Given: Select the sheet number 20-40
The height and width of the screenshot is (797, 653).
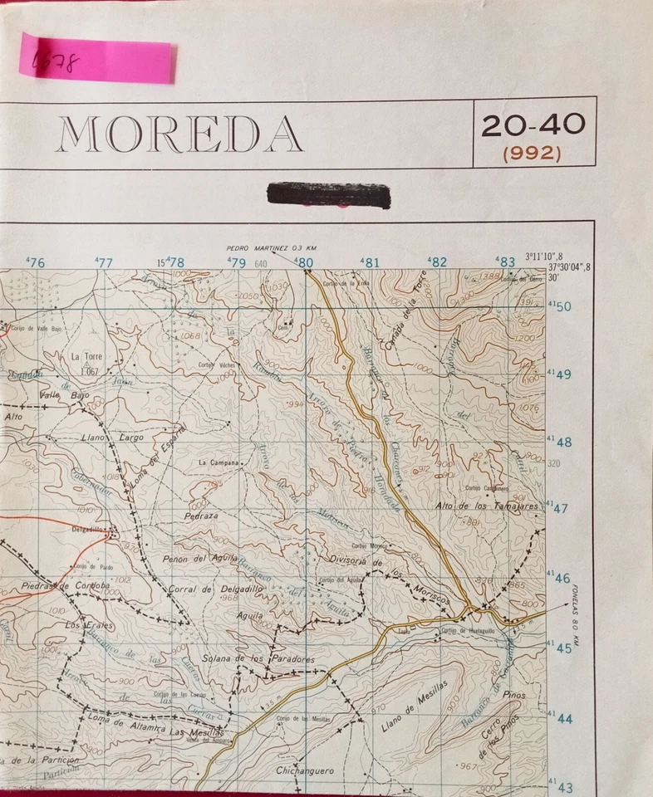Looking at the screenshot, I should tap(533, 126).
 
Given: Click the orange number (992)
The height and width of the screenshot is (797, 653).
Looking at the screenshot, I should tap(533, 153).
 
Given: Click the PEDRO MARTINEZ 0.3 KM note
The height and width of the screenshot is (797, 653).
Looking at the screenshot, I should tap(272, 248).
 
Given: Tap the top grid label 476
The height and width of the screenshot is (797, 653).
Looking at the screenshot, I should tap(36, 262).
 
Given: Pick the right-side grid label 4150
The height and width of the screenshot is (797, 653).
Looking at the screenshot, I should tap(560, 306).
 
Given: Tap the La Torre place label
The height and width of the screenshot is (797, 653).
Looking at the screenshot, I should tap(86, 357).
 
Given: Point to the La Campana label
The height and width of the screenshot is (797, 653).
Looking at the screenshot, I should tap(218, 462).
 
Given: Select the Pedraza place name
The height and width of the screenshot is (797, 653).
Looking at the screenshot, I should tap(201, 516).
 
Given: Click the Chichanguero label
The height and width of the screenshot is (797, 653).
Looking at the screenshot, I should tap(306, 770).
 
